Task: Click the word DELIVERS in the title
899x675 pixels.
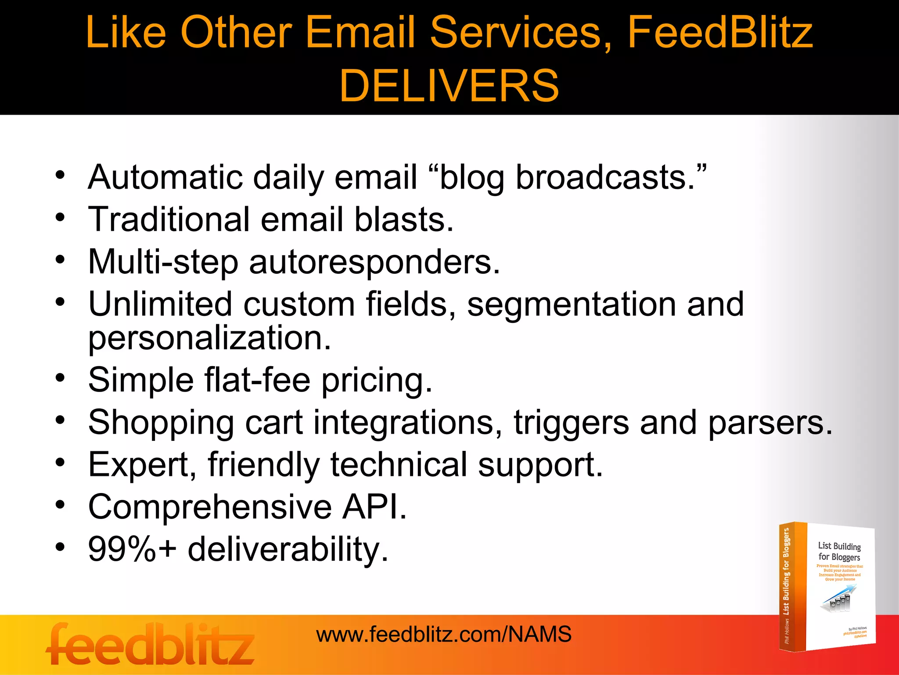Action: pos(449,85)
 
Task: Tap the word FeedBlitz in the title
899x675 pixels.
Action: pos(720,33)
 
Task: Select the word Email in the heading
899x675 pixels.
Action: pos(360,33)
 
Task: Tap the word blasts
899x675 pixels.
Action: pos(404,219)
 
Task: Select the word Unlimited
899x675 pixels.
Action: pos(160,304)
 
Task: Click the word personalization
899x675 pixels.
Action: pos(209,338)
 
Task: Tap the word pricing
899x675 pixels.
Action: pos(377,381)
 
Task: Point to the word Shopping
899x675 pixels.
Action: pos(161,423)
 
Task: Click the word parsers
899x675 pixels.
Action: pos(770,423)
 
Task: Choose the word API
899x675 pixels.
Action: pos(374,507)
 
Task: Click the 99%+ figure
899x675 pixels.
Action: pos(132,549)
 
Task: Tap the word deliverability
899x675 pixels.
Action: pos(288,549)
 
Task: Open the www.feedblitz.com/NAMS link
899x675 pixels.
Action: pos(444,635)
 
